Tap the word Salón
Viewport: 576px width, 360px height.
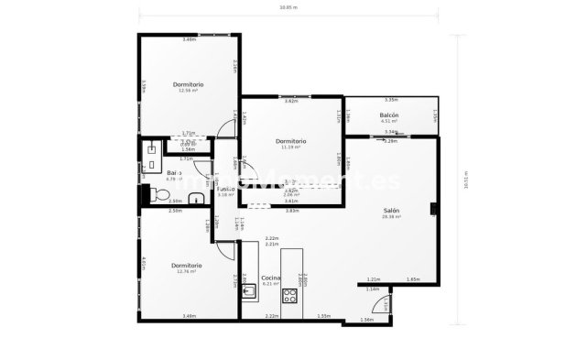point(390,211)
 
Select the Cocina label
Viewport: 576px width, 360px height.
point(270,277)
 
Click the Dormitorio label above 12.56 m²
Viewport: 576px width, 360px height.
point(188,84)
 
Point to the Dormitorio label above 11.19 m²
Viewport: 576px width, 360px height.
point(290,141)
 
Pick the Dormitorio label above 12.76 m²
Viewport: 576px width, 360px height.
point(187,265)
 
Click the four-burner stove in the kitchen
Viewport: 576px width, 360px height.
point(290,295)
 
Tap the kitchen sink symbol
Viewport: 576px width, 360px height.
point(248,293)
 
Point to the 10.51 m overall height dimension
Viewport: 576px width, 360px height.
point(466,179)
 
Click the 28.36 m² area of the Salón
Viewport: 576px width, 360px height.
point(390,218)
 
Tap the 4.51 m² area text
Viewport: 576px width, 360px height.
point(388,120)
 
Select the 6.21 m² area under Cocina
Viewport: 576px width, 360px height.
point(270,284)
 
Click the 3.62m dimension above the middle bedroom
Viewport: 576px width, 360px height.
point(290,101)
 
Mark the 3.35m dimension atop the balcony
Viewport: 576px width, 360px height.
point(391,99)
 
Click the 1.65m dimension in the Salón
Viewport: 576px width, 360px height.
point(412,278)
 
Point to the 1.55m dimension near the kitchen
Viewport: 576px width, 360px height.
point(323,316)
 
